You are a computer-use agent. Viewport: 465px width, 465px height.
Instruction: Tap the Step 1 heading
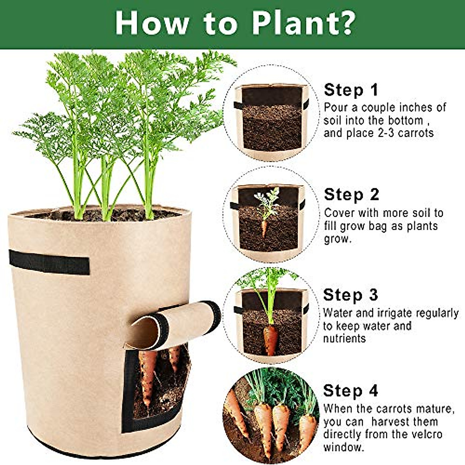pos(351,90)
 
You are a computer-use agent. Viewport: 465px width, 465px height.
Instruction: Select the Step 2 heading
pos(351,195)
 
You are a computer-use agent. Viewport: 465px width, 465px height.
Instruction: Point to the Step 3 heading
pos(350,295)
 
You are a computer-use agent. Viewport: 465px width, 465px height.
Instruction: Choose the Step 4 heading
pos(351,391)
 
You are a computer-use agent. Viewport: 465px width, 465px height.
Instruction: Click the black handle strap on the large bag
pos(49,262)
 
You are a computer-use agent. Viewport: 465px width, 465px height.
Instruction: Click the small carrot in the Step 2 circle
pos(264,228)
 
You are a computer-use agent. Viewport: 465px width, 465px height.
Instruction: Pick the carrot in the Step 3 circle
pos(270,339)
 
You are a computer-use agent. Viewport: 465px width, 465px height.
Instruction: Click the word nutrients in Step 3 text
pos(344,338)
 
